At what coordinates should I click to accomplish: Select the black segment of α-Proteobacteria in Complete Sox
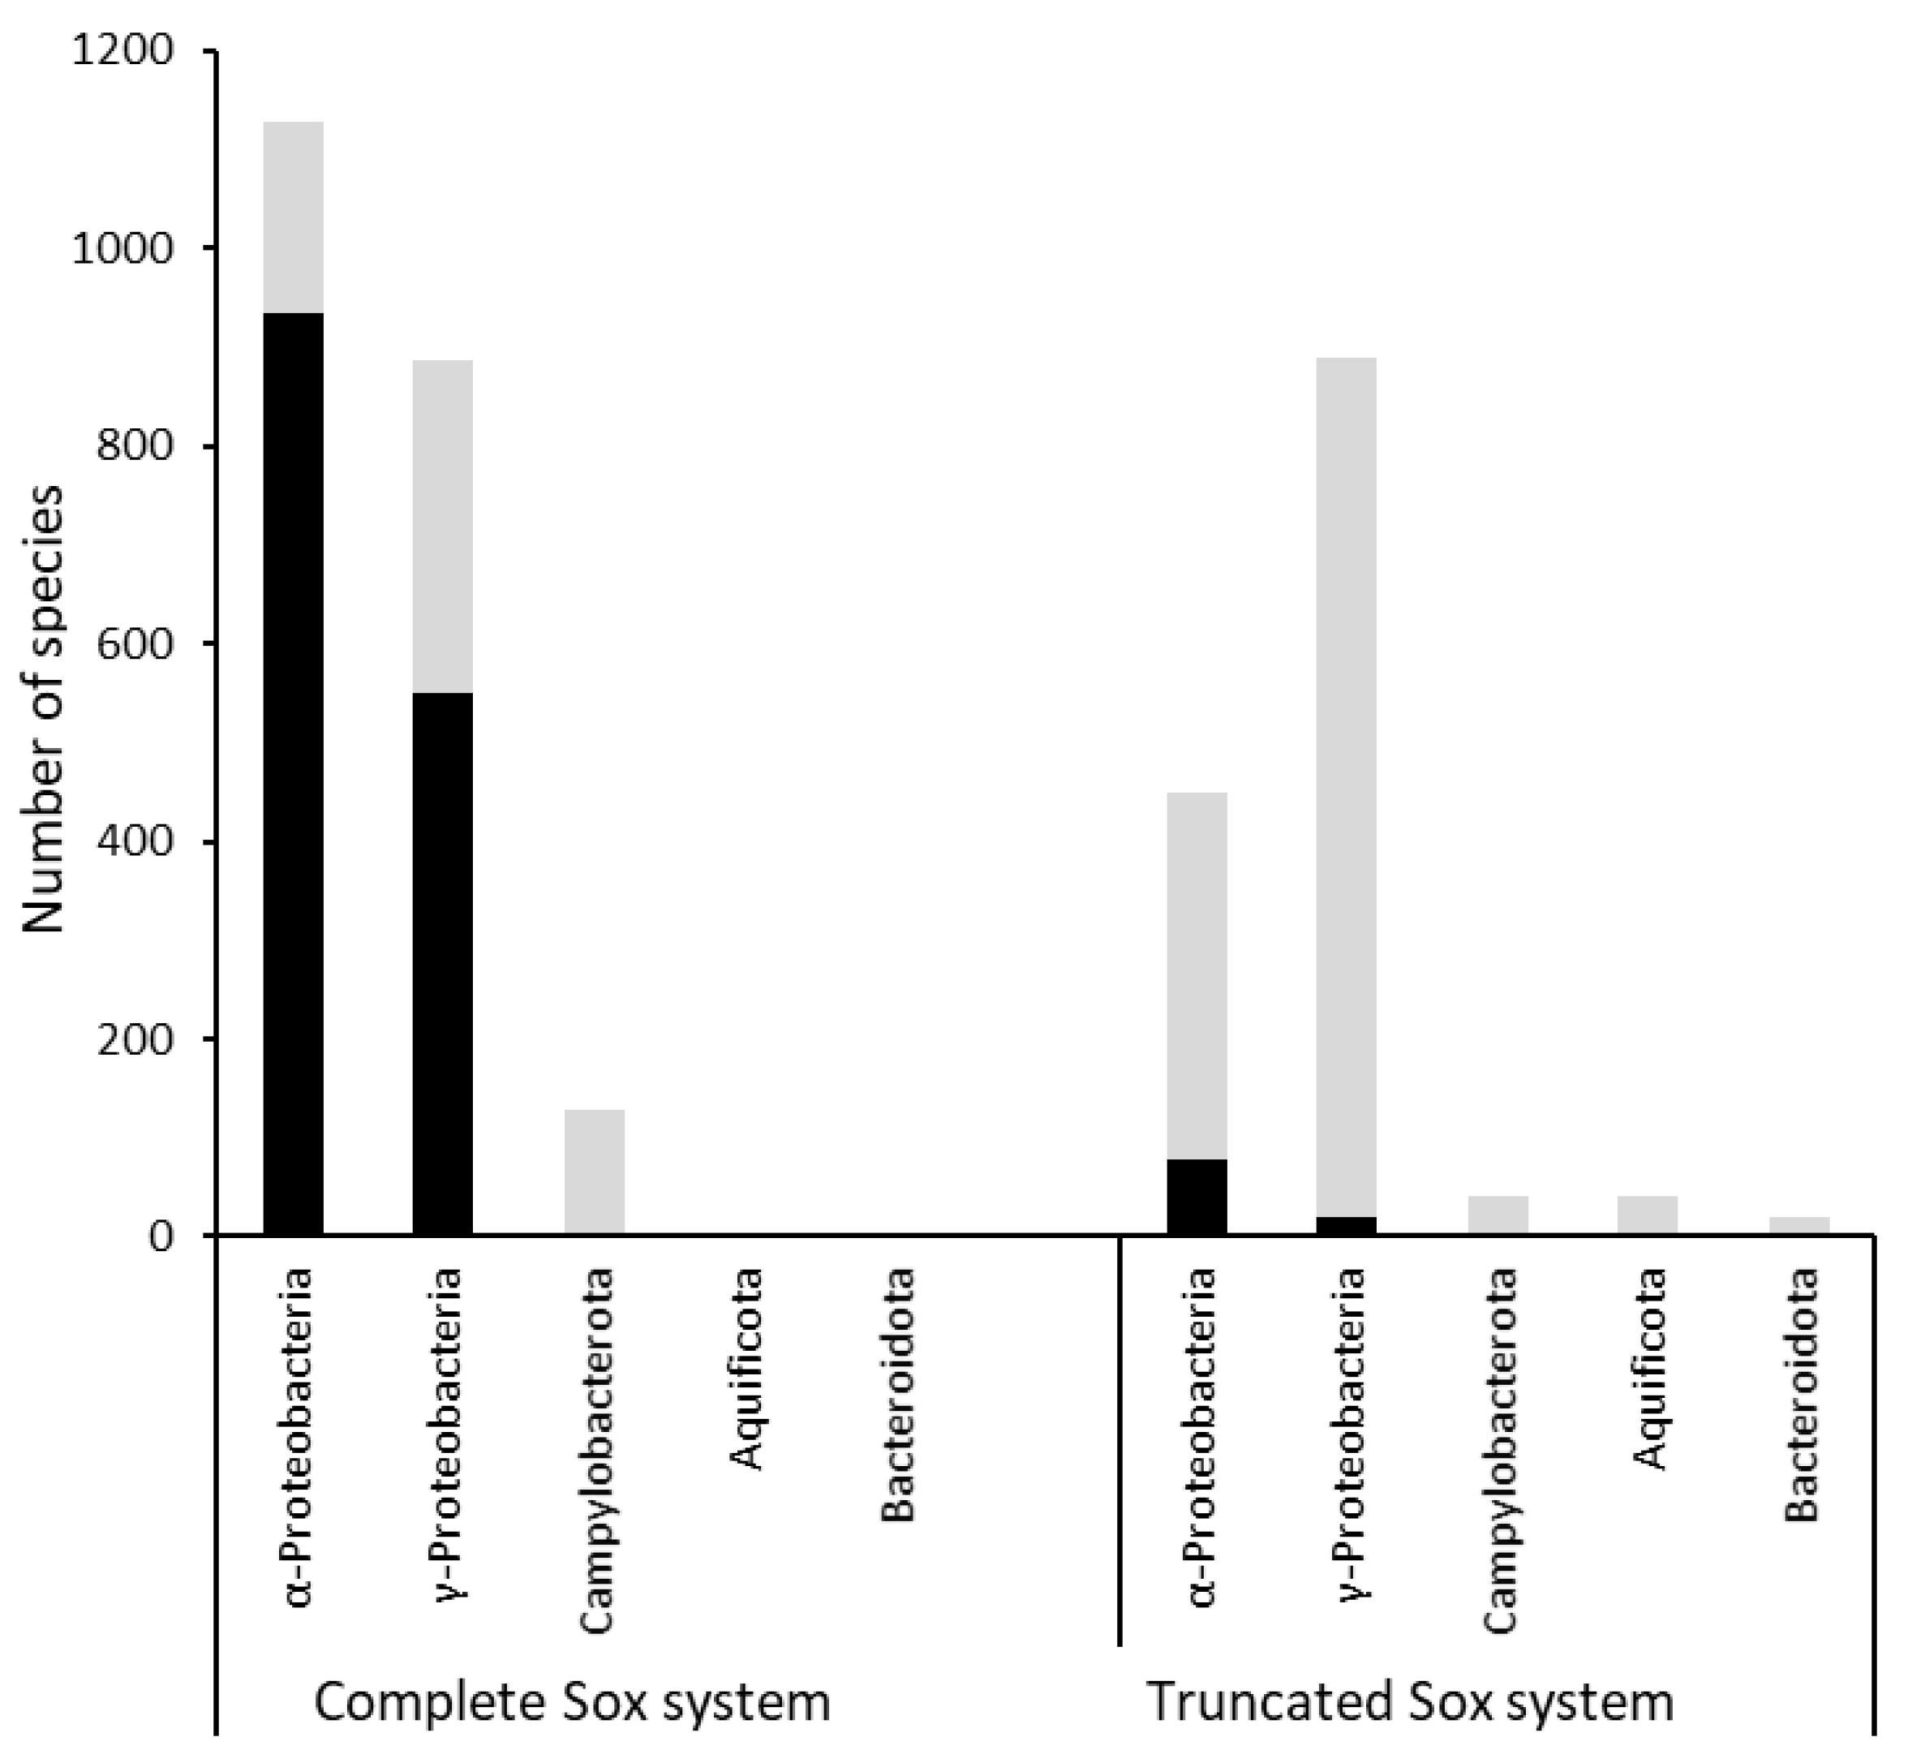pos(293,772)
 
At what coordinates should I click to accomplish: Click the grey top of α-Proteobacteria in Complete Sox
pos(293,217)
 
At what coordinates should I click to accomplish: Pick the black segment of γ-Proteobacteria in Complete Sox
pos(443,964)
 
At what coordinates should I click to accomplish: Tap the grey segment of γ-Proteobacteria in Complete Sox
pos(443,527)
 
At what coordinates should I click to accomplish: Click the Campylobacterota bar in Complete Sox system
pos(595,1172)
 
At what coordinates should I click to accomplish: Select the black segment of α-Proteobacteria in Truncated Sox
pos(1197,1198)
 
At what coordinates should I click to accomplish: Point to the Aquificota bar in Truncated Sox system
pos(1648,1215)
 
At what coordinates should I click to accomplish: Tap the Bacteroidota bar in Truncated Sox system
pos(1799,1226)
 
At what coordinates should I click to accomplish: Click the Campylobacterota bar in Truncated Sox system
pos(1498,1215)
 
